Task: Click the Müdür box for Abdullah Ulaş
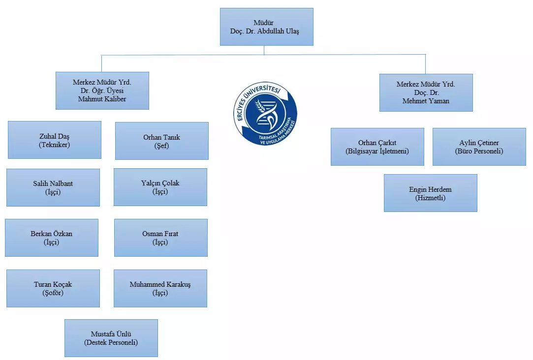click(266, 27)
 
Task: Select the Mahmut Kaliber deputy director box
click(102, 90)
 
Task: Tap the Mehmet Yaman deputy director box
click(426, 92)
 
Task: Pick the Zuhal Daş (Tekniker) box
click(54, 140)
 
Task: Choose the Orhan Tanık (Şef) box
click(161, 141)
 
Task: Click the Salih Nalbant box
click(53, 187)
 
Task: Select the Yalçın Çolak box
click(160, 187)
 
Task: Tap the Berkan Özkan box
click(51, 238)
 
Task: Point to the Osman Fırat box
click(160, 238)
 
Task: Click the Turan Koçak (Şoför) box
click(53, 288)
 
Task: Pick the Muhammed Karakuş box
click(160, 288)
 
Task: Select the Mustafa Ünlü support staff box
click(111, 338)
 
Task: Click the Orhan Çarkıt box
click(377, 147)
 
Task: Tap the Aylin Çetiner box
click(479, 147)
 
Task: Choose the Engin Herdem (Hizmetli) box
click(430, 193)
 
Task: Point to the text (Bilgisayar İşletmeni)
click(377, 151)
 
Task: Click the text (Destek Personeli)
click(111, 342)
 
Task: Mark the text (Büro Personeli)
click(479, 151)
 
